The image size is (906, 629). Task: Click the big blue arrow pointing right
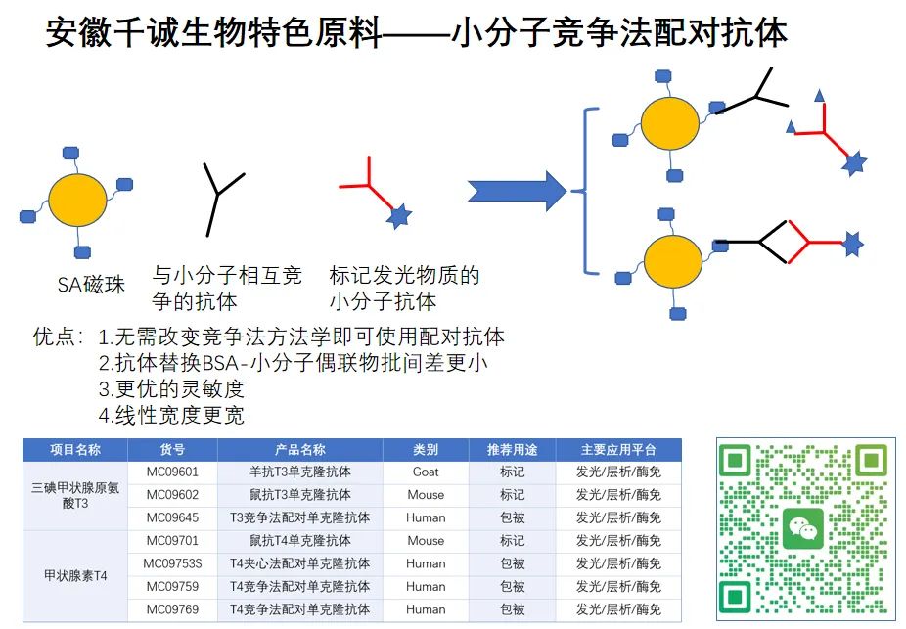tap(517, 190)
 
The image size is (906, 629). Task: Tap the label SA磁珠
tap(91, 286)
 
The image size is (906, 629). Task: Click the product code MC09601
tap(172, 472)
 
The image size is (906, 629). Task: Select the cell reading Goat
tap(426, 472)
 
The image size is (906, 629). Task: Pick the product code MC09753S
tap(172, 563)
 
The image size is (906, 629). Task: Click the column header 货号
tap(172, 450)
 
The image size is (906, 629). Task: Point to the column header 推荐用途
tap(512, 450)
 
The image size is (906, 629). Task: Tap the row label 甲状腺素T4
tap(74, 575)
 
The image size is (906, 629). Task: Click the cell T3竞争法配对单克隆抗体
tap(299, 517)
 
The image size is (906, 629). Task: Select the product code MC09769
tap(172, 609)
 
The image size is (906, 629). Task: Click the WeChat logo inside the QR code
tap(803, 529)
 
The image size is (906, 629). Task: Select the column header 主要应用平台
tap(618, 450)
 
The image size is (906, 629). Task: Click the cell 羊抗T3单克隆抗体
tap(299, 472)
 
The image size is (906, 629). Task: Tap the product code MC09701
tap(172, 540)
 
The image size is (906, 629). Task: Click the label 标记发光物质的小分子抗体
tap(405, 288)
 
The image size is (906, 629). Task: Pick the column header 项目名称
tap(74, 450)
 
